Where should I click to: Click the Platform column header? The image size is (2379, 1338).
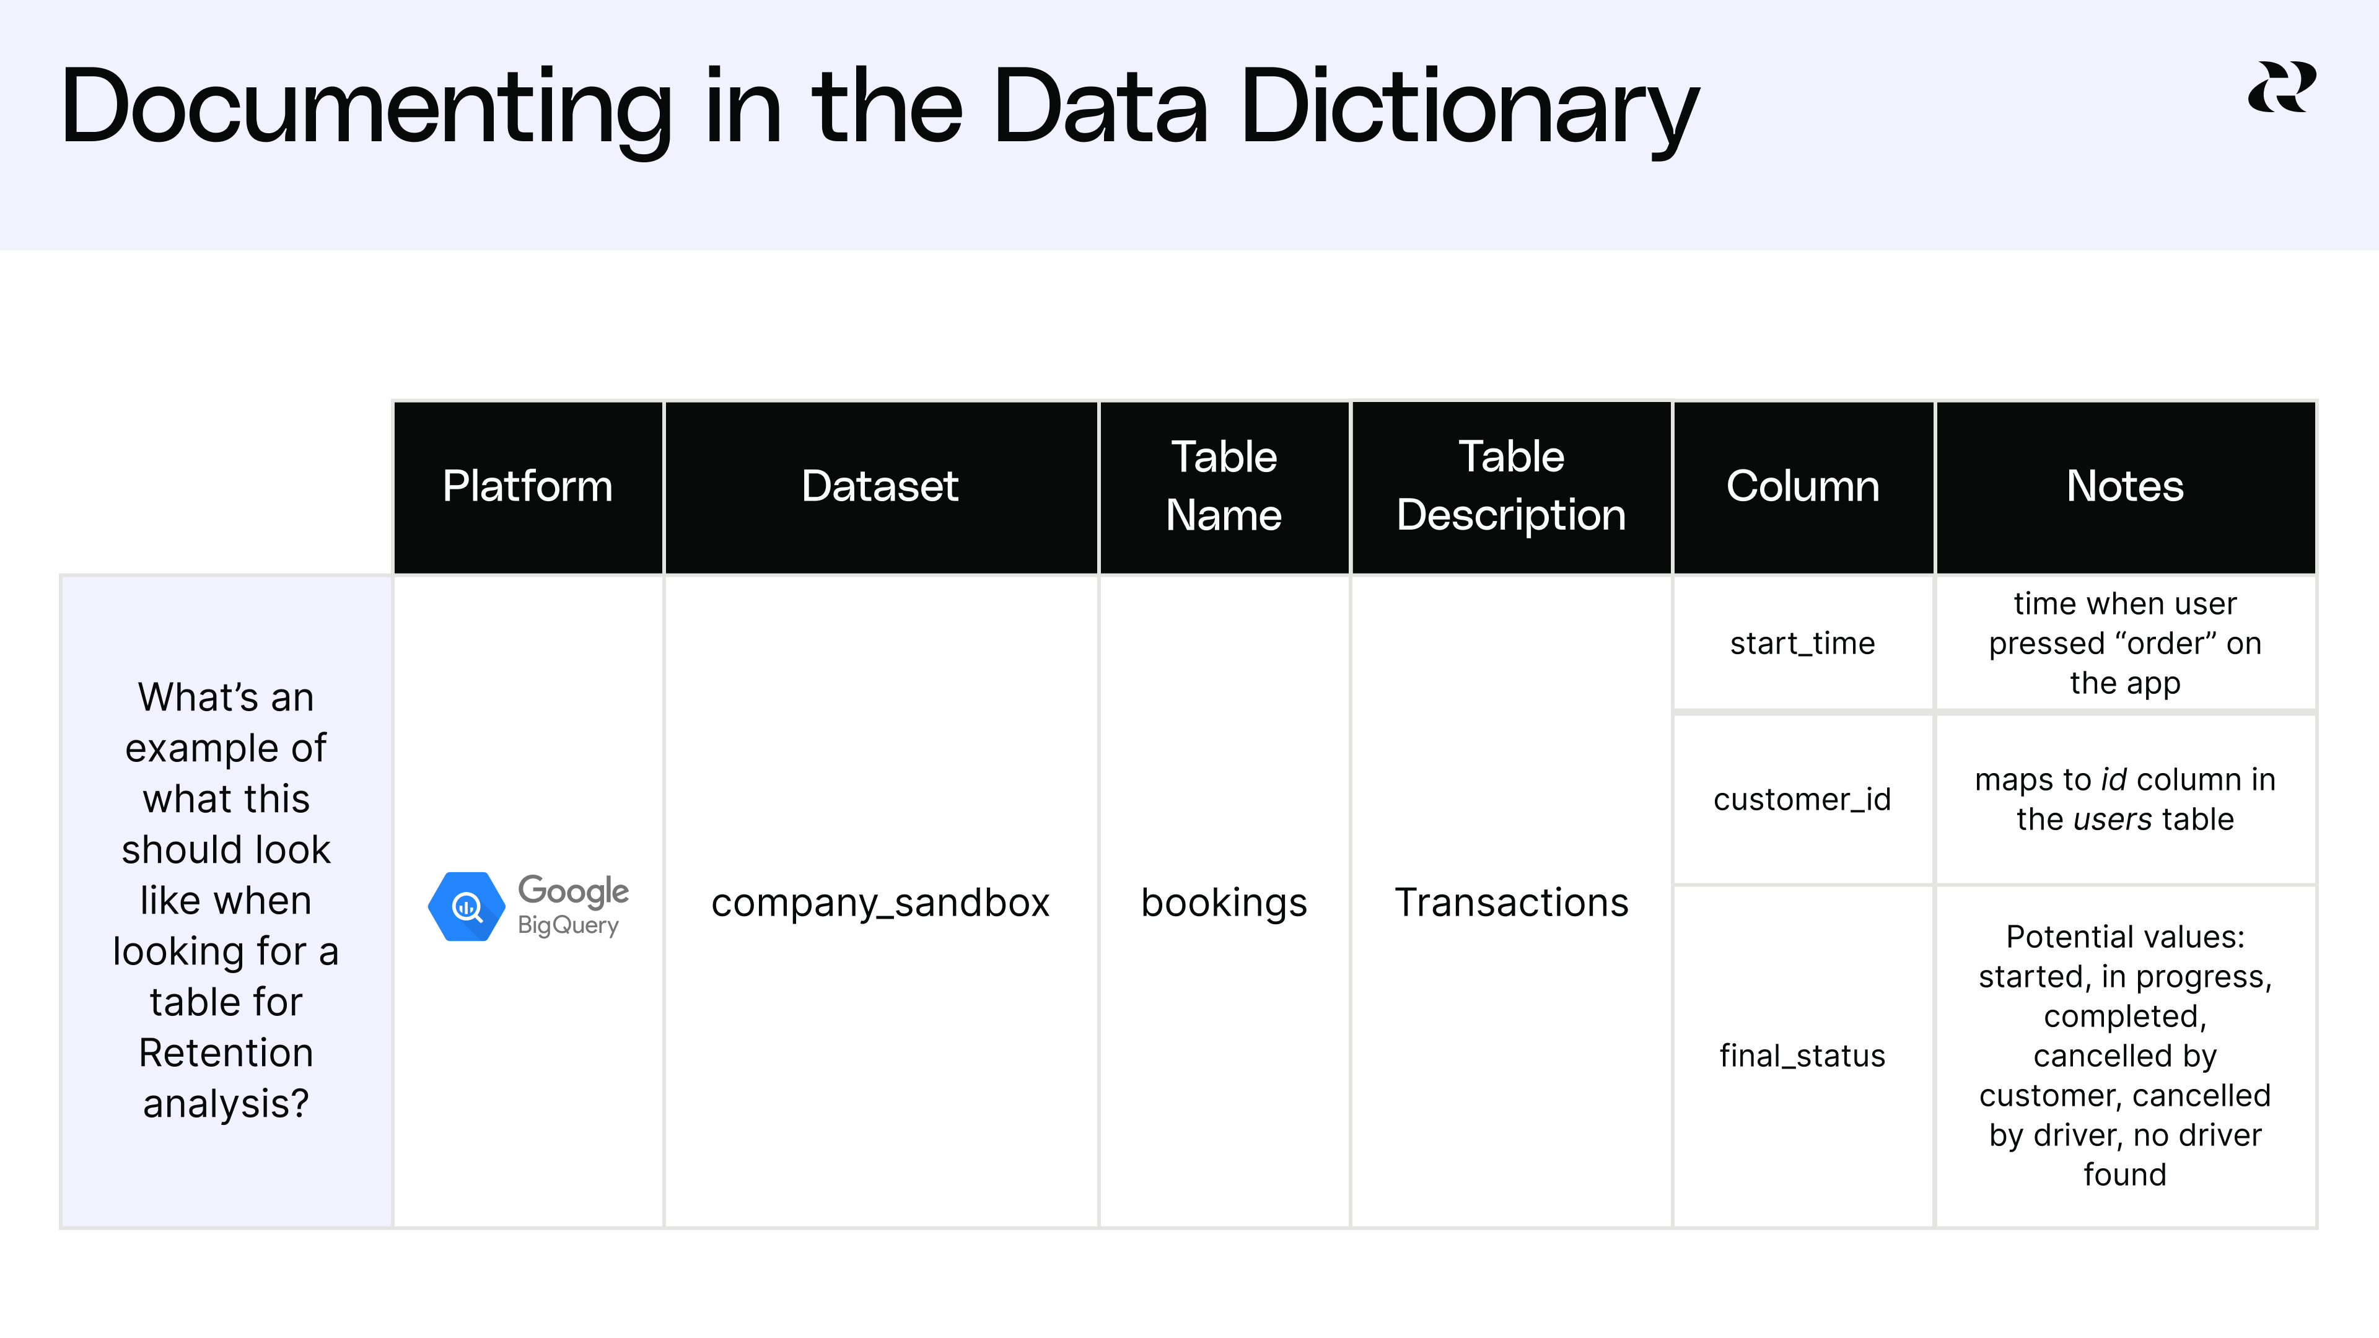527,487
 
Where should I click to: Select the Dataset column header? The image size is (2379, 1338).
880,487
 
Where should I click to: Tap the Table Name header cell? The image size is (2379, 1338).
1224,487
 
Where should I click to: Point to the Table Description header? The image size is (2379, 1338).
1511,487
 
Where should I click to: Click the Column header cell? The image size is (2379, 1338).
1803,487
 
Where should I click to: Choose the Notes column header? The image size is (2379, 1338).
2125,487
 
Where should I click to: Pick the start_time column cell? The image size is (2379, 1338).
1803,644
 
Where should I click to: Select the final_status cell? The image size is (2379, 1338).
1803,1056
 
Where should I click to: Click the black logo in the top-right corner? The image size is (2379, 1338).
2281,88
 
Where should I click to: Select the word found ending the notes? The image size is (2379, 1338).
2125,1174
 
